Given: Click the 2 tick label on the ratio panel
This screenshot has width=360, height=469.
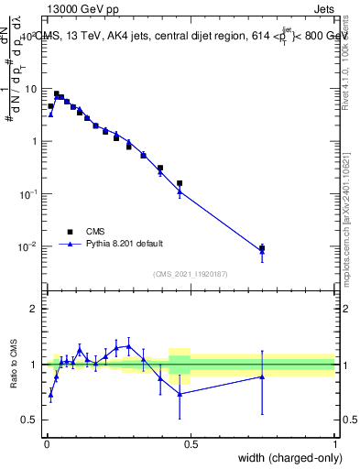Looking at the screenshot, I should click(36, 309).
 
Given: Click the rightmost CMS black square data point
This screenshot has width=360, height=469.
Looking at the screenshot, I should click(262, 248).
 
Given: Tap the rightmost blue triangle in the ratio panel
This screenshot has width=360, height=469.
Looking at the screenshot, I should click(262, 376).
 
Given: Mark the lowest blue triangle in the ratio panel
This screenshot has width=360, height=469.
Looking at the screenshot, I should click(50, 395).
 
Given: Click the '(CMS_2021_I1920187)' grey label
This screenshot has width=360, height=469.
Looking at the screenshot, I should click(191, 273).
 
